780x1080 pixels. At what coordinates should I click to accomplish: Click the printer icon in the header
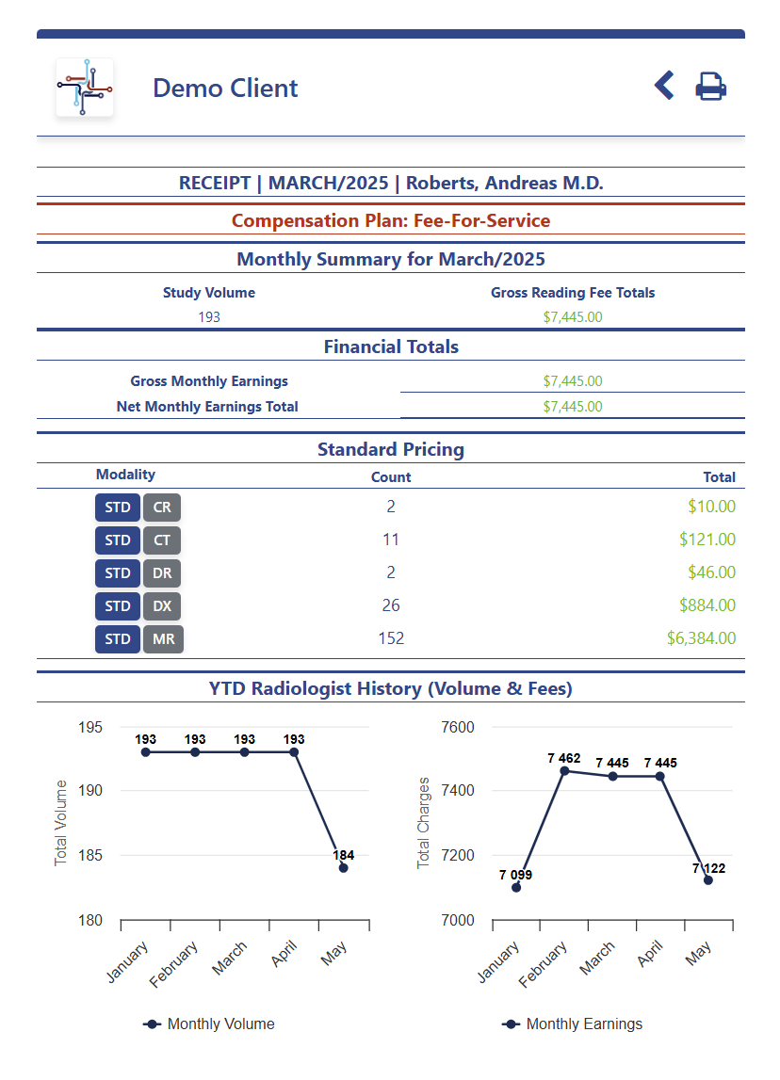coord(711,87)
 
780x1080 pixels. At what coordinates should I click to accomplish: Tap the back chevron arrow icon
coord(664,86)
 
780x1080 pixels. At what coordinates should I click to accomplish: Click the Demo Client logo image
coord(85,88)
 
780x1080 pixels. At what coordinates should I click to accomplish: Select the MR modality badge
coord(164,639)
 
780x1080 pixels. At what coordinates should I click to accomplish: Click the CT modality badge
coord(162,540)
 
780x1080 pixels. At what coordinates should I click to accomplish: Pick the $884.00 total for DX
coord(707,605)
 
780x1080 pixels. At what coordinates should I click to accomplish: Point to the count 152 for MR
coord(391,638)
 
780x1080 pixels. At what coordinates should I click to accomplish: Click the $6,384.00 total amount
coord(701,638)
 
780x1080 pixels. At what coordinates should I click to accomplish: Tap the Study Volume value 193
coord(209,317)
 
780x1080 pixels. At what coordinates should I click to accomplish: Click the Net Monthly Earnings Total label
coord(207,407)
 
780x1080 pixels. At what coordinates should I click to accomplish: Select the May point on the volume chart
coord(343,868)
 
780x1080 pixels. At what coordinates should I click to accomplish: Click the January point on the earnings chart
coord(516,888)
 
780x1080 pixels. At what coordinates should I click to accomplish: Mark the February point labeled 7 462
coord(565,771)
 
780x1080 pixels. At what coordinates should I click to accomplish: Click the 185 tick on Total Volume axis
coord(91,856)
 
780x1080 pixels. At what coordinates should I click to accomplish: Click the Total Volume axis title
coord(61,823)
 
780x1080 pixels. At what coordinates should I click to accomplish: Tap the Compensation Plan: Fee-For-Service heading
coord(391,221)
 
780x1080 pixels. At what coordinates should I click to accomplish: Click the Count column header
coord(391,476)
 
